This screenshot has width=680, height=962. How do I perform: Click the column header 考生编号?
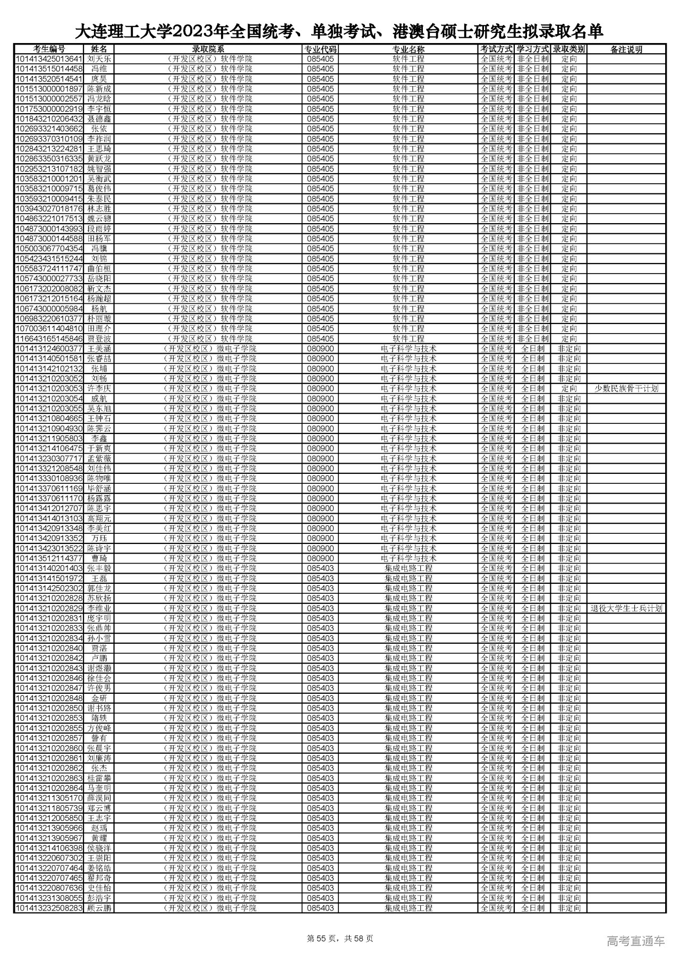coord(49,49)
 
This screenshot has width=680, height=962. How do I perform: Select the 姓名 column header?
coord(99,49)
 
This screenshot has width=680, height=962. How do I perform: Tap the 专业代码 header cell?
coord(320,49)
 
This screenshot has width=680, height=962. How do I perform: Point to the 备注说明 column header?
coord(626,49)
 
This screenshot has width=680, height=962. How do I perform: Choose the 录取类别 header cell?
coord(568,49)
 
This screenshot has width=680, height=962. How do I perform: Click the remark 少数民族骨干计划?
coord(626,389)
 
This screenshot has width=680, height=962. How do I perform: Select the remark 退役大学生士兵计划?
coord(626,609)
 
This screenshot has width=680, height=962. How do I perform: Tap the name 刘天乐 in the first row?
coord(99,59)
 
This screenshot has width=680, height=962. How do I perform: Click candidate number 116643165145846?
coord(49,339)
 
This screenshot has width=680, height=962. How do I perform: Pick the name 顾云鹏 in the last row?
coord(99,908)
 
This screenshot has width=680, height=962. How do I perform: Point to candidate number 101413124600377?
coord(49,349)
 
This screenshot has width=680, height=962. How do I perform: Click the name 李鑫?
coord(99,439)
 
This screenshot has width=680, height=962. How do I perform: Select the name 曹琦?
coord(99,559)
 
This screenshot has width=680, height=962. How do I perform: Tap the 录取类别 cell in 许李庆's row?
coord(568,389)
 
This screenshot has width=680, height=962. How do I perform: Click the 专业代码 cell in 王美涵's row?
coord(320,349)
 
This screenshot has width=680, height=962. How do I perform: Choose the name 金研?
coord(99,699)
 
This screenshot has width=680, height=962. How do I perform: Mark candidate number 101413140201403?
coord(49,568)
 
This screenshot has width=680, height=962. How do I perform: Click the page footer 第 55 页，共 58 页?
coord(340,939)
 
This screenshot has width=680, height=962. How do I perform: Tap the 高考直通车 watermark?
coord(635,941)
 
